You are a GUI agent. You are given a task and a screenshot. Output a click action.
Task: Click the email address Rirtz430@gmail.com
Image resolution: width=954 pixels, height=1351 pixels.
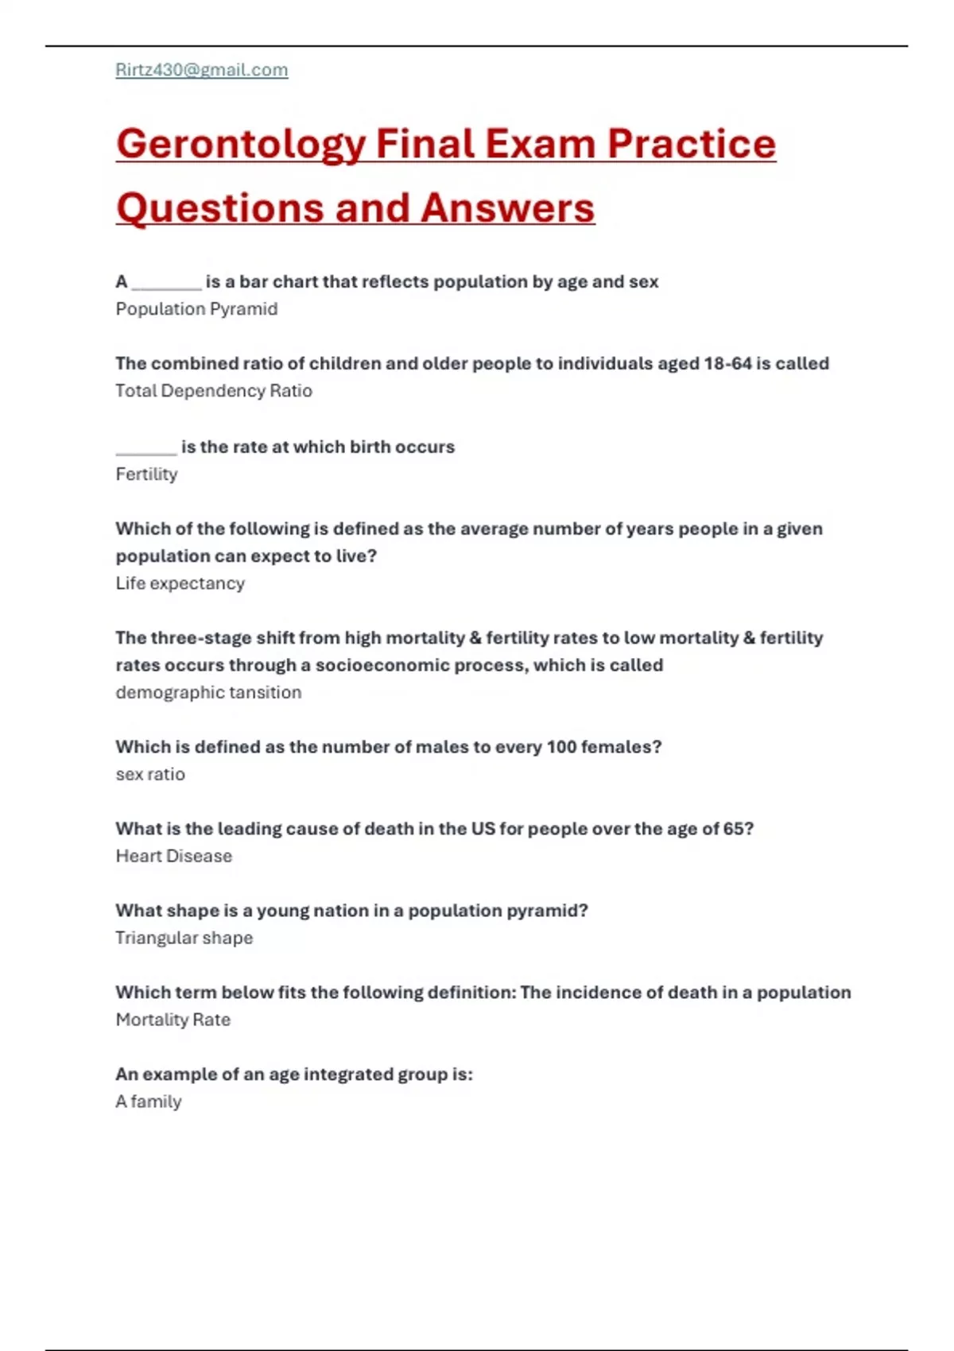[202, 70]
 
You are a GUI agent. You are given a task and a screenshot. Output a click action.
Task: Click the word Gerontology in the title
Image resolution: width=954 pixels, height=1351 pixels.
[241, 144]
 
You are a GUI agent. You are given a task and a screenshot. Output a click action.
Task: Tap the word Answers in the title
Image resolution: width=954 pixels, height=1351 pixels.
[507, 208]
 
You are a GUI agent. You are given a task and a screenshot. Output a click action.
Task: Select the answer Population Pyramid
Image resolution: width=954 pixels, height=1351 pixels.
[196, 309]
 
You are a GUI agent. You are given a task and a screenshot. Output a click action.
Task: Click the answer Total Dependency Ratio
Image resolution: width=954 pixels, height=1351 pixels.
[214, 391]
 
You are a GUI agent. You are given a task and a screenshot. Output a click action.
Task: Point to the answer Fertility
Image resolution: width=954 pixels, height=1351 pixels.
[146, 474]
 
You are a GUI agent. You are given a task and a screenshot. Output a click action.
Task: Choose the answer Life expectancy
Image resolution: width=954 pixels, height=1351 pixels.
[180, 583]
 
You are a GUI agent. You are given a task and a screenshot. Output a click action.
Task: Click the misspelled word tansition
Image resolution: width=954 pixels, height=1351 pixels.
[265, 693]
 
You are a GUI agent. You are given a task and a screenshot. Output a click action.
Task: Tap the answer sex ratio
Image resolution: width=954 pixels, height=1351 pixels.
[150, 775]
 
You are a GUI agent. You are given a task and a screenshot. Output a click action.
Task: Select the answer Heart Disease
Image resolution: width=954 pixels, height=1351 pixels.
[174, 857]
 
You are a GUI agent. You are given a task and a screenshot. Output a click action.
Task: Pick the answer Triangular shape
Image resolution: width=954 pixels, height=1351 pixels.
[184, 939]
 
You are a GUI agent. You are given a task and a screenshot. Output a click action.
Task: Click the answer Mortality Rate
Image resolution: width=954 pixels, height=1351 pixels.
[173, 1020]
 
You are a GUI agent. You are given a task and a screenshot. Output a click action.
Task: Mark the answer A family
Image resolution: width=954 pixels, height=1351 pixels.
[149, 1102]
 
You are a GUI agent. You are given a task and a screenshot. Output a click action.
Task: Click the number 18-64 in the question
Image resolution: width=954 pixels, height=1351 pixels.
[727, 364]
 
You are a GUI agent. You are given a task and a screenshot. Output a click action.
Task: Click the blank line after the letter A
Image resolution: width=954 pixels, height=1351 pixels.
[166, 285]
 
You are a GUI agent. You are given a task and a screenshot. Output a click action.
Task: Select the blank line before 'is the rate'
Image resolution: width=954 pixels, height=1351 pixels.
[145, 450]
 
